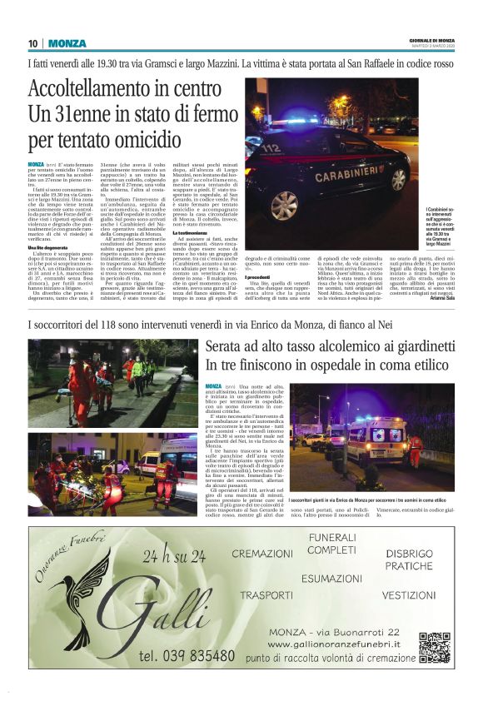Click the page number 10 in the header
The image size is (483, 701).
pyautogui.click(x=33, y=43)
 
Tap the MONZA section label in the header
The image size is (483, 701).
pyautogui.click(x=67, y=43)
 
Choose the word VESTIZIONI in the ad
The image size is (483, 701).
pyautogui.click(x=409, y=595)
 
